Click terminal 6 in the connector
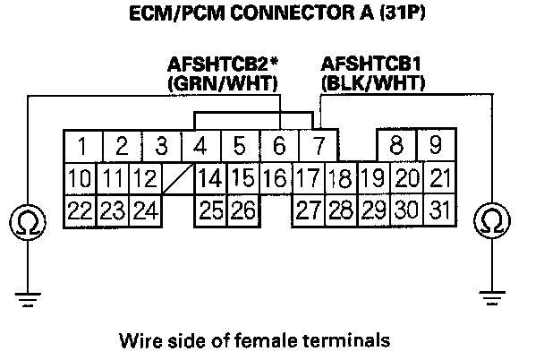pyautogui.click(x=279, y=145)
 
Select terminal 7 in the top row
pyautogui.click(x=318, y=145)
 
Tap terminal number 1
pyautogui.click(x=81, y=145)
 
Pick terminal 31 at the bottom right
pyautogui.click(x=437, y=212)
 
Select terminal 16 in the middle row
pyautogui.click(x=276, y=178)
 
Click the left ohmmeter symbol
pyautogui.click(x=28, y=220)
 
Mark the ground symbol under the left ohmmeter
pyautogui.click(x=28, y=293)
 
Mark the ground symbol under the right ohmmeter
pyautogui.click(x=490, y=293)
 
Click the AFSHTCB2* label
pyautogui.click(x=224, y=65)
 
